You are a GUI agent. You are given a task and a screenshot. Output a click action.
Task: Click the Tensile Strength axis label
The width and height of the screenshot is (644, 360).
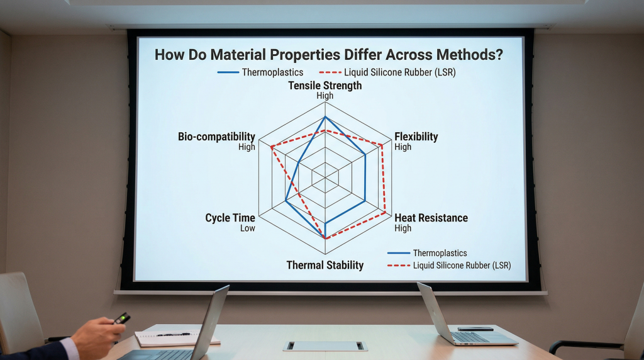(x=325, y=86)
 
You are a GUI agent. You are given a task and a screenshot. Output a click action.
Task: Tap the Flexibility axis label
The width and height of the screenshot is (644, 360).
(x=416, y=137)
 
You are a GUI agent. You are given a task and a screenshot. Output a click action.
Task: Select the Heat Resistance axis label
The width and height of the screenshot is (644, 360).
(x=431, y=218)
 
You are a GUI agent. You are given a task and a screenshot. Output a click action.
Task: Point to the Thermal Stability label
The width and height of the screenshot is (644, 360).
(x=325, y=265)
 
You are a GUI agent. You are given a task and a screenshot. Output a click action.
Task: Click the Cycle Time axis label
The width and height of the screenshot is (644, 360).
(x=230, y=218)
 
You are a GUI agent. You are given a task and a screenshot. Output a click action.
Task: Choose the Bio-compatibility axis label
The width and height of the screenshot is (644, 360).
(x=216, y=137)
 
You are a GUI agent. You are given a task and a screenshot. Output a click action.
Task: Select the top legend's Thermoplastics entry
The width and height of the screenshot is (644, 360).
(x=260, y=72)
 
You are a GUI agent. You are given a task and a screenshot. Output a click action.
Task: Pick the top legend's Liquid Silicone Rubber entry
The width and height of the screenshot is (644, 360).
(x=387, y=72)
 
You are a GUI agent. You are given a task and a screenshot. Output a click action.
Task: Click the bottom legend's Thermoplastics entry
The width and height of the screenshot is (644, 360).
(x=427, y=253)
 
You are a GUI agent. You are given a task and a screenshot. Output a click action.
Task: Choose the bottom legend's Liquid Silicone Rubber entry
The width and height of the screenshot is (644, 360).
(x=449, y=266)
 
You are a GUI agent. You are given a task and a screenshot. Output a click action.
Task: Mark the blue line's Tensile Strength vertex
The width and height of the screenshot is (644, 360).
(x=325, y=117)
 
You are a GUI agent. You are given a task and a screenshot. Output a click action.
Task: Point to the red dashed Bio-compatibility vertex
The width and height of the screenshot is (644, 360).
(x=272, y=147)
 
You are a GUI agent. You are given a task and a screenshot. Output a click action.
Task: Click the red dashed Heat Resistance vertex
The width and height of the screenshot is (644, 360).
(x=386, y=213)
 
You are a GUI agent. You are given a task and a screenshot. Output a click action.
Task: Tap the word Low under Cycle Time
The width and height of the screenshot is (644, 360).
(x=248, y=228)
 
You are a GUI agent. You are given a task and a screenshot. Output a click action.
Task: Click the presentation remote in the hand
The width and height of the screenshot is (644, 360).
(x=121, y=318)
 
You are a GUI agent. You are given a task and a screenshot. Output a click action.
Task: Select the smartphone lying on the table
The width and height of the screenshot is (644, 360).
(x=475, y=329)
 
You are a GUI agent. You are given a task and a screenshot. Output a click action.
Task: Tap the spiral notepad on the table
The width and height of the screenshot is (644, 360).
(x=177, y=338)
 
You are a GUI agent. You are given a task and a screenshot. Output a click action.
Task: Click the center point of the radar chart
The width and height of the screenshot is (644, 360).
(x=325, y=177)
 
